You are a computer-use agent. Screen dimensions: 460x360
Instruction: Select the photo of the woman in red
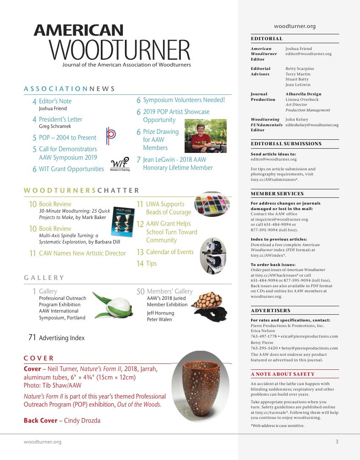click(206, 136)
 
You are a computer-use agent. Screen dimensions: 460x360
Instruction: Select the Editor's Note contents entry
click(55, 101)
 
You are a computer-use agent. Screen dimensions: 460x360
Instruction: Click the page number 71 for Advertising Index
click(32, 338)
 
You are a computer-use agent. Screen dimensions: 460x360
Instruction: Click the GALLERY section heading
click(44, 278)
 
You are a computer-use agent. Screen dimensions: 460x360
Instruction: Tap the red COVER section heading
click(39, 358)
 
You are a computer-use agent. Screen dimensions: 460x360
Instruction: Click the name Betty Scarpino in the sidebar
click(300, 68)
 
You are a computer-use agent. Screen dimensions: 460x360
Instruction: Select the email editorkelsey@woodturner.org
click(312, 125)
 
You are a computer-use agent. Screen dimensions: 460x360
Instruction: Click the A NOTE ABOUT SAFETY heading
click(282, 374)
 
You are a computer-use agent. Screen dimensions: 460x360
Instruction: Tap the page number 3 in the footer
click(337, 442)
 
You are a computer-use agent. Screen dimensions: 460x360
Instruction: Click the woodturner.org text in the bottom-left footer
click(42, 442)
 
